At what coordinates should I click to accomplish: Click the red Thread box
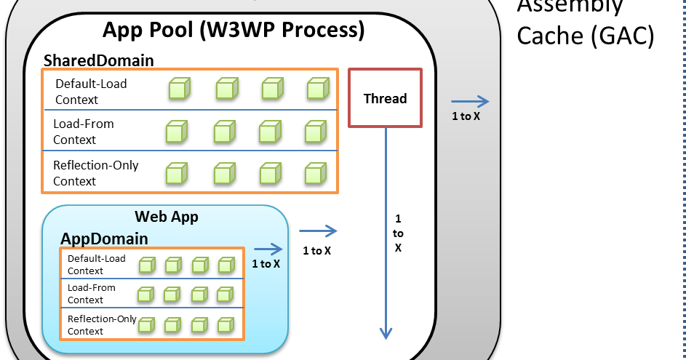(385, 97)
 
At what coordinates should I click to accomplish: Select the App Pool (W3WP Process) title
(233, 31)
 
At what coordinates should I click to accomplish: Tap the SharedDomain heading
(99, 60)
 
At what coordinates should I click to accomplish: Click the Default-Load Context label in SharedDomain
(91, 91)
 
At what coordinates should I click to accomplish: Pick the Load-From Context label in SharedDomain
(84, 132)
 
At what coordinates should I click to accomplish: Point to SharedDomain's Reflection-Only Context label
(95, 173)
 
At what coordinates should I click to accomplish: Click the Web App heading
(167, 217)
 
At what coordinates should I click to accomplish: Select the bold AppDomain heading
(104, 239)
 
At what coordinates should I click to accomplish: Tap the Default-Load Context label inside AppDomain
(96, 265)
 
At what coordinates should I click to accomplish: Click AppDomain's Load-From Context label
(91, 294)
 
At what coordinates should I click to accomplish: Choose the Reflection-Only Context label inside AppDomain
(102, 324)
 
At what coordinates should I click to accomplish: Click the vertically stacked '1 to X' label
(398, 233)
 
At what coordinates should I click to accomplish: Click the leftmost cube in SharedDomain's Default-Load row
(178, 89)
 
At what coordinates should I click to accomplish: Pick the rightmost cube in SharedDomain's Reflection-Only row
(314, 175)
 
